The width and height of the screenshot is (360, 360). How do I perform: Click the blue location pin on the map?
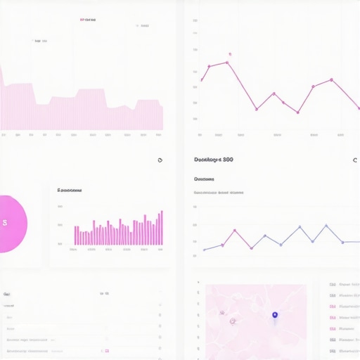coord(275,315)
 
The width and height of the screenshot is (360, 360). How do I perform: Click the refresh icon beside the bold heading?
coord(355,160)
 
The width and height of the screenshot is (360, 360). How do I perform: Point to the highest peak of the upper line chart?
coord(227,63)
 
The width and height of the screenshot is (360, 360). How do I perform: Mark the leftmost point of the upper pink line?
coord(201,80)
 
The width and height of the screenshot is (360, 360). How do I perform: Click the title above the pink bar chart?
coord(70,190)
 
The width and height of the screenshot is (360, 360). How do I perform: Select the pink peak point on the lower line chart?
coord(235,230)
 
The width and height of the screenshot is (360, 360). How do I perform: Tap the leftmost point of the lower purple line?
coord(204,250)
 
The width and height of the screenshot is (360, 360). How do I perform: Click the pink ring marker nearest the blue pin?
coord(232,321)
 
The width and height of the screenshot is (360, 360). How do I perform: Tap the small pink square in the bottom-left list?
coord(106,349)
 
